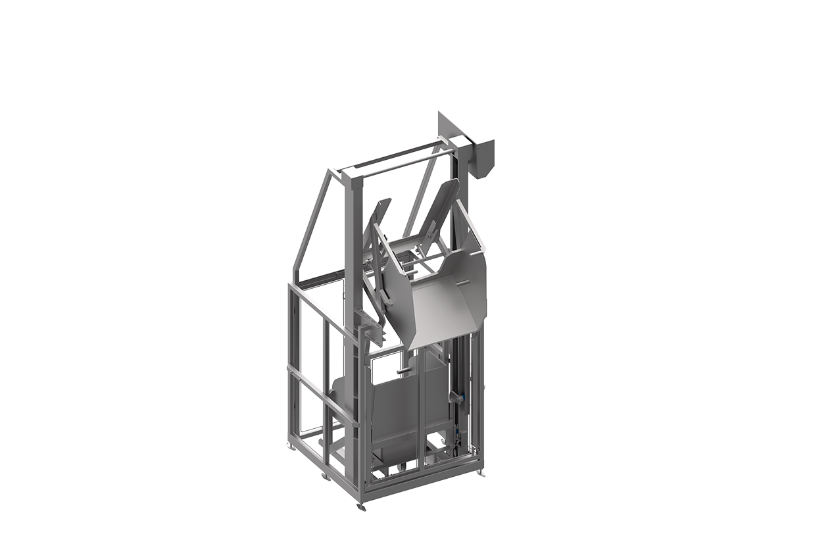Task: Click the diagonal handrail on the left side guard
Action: point(322,395)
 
